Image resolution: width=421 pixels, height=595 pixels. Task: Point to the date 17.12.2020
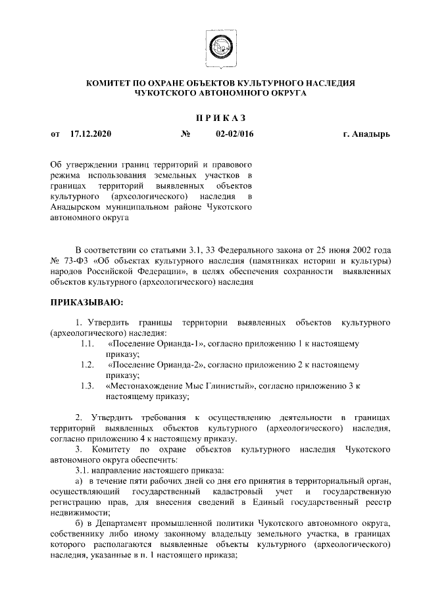pyautogui.click(x=90, y=134)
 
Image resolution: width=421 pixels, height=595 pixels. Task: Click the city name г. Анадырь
pyautogui.click(x=366, y=134)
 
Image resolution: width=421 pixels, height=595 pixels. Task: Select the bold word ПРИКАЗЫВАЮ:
pyautogui.click(x=83, y=303)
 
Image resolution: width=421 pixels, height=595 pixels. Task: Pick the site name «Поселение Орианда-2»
pyautogui.click(x=157, y=364)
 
